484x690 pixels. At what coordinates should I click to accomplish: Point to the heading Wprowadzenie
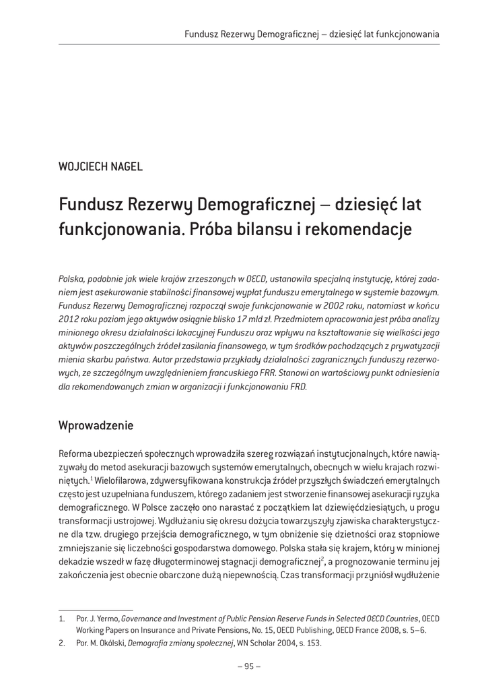96,426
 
